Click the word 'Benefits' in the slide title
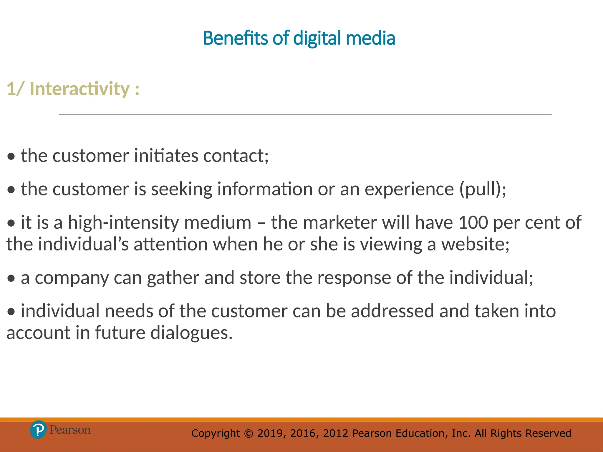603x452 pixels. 235,39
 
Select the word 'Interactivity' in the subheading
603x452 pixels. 79,89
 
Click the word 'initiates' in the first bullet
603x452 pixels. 166,156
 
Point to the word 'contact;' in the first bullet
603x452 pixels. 236,156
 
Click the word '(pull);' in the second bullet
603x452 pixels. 483,189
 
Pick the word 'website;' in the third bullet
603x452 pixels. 475,244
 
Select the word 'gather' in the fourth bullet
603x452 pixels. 173,278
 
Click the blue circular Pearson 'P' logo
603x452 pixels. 38,430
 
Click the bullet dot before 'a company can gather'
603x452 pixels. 11,279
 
